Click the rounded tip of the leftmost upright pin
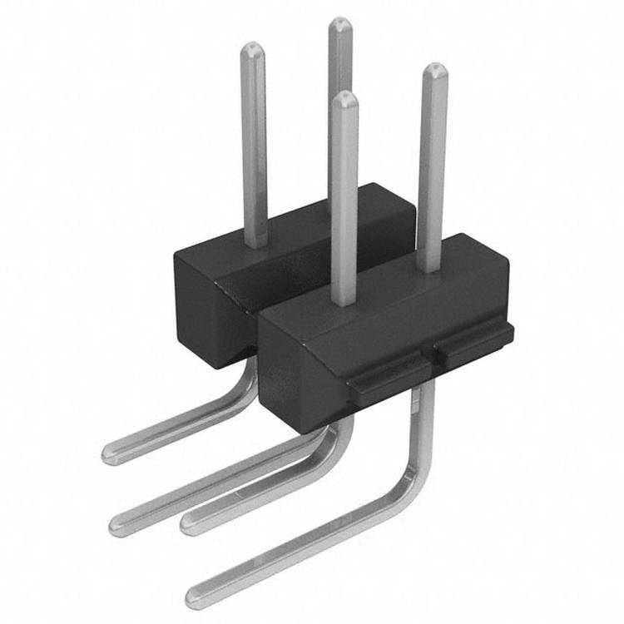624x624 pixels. (x=253, y=49)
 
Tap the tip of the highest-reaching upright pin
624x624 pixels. (x=339, y=23)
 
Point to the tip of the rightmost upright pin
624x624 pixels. (x=434, y=70)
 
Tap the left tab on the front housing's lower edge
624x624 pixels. (x=384, y=377)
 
